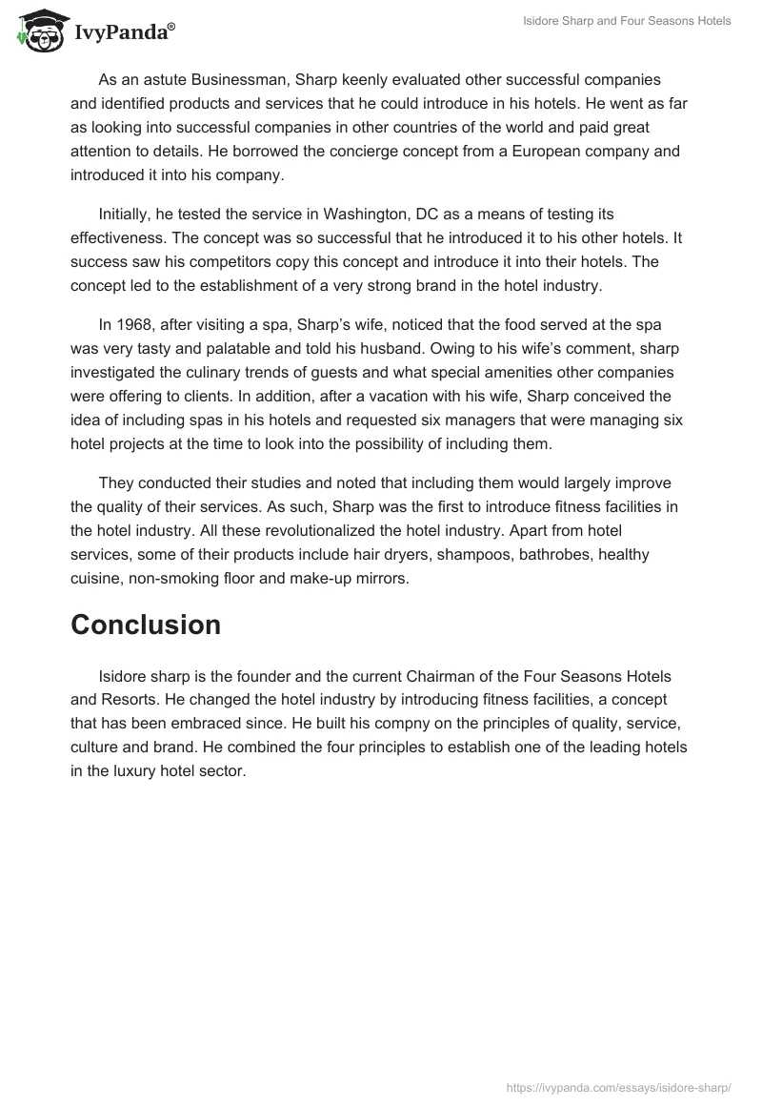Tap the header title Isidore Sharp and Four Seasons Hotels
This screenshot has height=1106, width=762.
(x=627, y=21)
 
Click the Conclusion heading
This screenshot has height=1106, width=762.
(x=146, y=625)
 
